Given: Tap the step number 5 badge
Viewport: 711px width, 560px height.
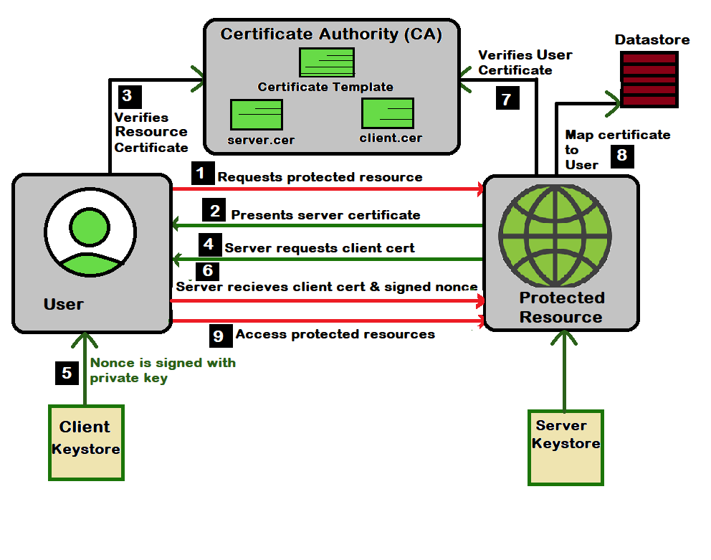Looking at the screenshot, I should (67, 373).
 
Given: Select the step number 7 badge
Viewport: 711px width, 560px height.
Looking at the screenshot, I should (507, 98).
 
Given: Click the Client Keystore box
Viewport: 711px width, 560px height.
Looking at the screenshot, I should (86, 442).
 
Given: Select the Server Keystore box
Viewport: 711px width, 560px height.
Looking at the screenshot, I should (566, 447).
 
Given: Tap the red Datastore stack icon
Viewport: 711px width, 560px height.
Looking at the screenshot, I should (647, 79).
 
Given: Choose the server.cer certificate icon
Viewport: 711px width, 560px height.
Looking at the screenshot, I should (257, 114).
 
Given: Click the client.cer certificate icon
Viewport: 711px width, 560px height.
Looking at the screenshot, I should (388, 113).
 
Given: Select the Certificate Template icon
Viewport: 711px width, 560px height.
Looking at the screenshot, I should (326, 63).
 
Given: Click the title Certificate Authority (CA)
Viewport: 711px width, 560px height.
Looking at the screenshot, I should (330, 34).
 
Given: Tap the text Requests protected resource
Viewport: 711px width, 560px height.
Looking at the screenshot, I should (320, 176).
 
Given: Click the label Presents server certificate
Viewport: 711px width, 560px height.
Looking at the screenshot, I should (325, 214).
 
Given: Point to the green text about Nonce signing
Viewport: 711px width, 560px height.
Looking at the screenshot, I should (162, 370).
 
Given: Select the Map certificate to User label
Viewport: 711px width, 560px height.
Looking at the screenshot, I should (616, 149).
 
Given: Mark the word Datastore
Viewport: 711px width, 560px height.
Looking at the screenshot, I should (652, 39).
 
